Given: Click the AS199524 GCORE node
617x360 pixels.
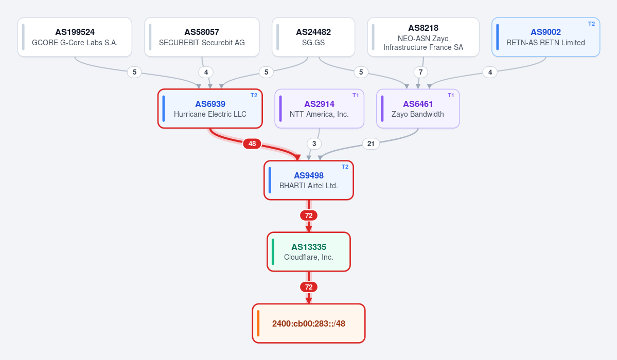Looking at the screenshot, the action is tap(75, 37).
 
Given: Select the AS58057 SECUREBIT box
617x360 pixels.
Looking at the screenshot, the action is tap(202, 37).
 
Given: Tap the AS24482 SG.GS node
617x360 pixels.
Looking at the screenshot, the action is tap(313, 37).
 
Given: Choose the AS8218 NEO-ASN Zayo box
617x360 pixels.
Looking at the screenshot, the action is tap(424, 37).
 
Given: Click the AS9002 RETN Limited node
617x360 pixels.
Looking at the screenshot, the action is tap(546, 37).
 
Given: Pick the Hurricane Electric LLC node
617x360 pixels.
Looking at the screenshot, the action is tap(210, 109).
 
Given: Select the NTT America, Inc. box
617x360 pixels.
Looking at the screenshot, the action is tap(319, 109).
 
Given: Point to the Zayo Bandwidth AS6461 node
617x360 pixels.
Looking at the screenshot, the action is tap(418, 109).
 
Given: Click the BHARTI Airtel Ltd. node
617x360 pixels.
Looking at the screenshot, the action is tap(309, 180).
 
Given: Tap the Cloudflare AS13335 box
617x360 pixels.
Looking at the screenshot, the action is tap(309, 252).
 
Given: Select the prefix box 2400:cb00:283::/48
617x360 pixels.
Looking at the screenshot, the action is tap(309, 323).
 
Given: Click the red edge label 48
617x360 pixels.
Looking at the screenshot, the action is tap(252, 143).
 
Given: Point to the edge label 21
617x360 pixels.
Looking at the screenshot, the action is tap(371, 143).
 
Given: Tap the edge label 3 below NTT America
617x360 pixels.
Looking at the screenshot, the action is tap(314, 143).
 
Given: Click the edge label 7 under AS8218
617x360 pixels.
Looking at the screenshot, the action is tap(420, 72).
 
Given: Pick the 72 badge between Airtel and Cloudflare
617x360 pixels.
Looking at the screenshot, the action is tap(309, 215).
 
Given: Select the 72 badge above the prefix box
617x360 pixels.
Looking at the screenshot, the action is tap(309, 287).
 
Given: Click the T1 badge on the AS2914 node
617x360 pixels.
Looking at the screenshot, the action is tap(356, 95).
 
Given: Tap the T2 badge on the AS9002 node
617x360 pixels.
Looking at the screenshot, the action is tap(591, 24).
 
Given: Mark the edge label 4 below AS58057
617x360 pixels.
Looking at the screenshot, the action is tap(206, 72).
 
